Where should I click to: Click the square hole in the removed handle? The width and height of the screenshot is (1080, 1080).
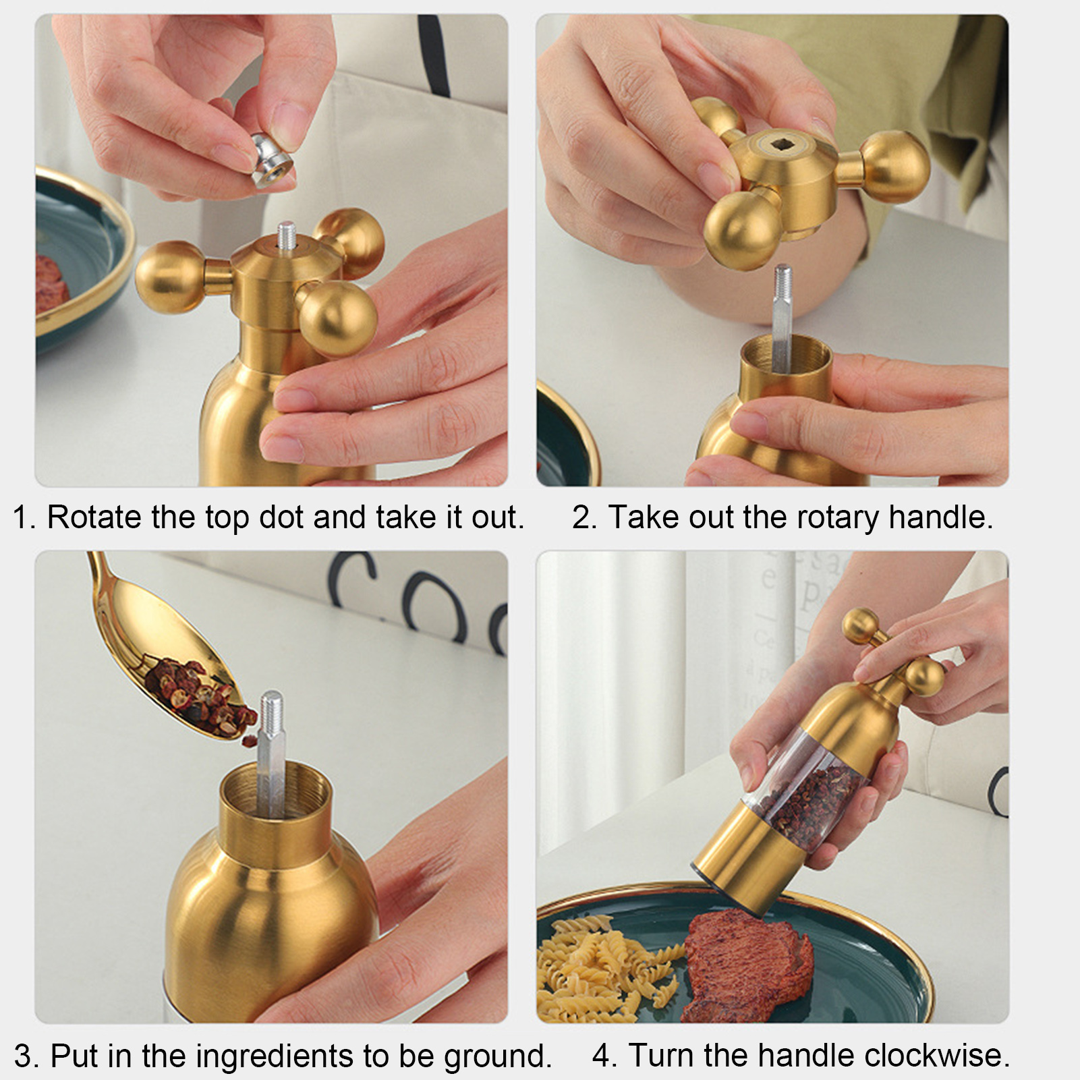(x=782, y=143)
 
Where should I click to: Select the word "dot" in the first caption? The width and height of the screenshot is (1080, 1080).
(x=282, y=517)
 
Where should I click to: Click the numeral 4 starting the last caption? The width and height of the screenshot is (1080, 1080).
(x=602, y=1056)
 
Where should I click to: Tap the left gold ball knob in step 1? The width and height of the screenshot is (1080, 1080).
(x=170, y=277)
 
